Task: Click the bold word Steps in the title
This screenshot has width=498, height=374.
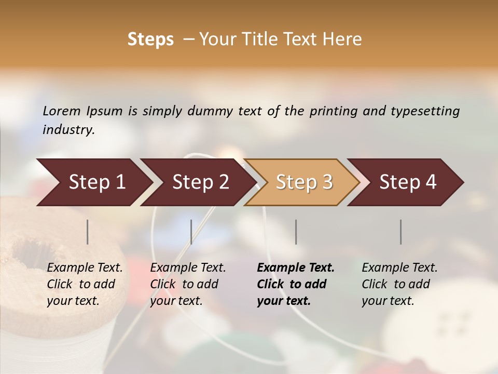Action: click(150, 39)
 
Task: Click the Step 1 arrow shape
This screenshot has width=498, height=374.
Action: click(93, 182)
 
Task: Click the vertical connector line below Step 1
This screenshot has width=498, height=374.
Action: click(88, 232)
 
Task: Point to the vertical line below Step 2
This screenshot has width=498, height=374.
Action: click(191, 232)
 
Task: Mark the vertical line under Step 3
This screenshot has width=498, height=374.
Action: click(296, 232)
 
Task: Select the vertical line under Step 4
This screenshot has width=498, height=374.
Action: click(401, 232)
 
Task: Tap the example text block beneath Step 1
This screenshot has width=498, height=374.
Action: click(85, 284)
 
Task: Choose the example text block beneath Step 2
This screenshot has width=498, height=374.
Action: click(188, 284)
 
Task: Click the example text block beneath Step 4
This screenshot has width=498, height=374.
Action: click(399, 284)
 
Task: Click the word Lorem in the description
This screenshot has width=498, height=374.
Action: click(62, 111)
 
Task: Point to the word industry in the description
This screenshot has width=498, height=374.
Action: click(68, 130)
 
